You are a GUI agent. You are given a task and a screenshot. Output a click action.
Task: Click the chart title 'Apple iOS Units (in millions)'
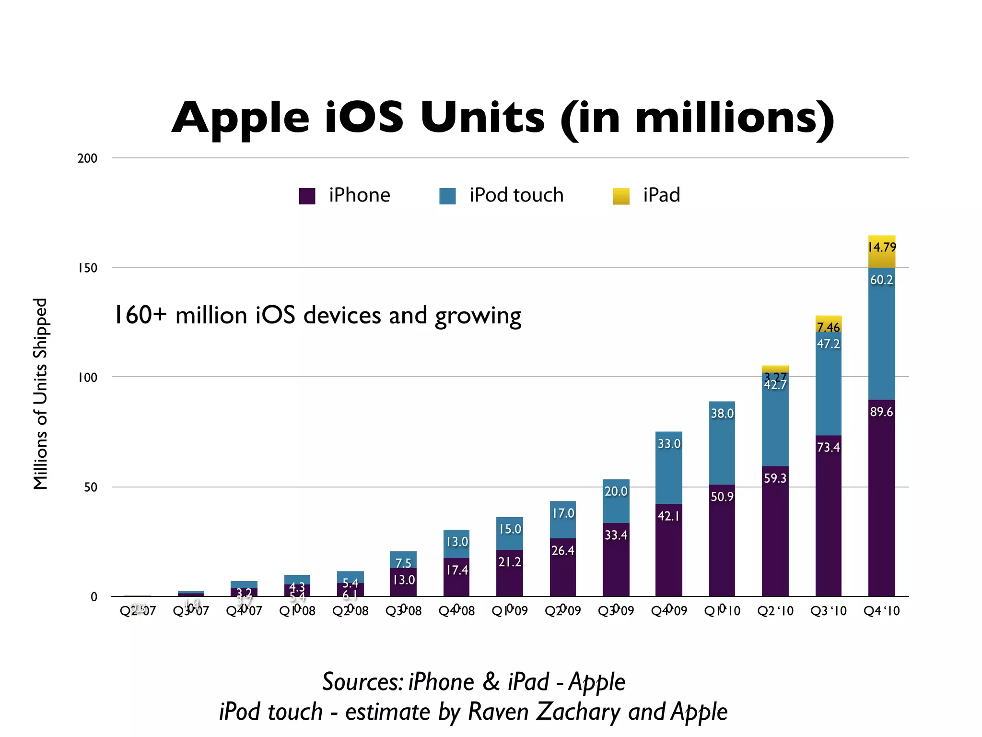(x=503, y=118)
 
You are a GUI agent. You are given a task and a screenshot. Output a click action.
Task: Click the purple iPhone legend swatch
(x=307, y=196)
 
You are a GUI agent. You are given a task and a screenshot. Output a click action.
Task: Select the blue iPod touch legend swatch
(x=447, y=196)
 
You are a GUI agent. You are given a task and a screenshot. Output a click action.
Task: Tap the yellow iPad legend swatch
(x=621, y=196)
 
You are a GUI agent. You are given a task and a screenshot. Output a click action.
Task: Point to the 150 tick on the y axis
(x=88, y=268)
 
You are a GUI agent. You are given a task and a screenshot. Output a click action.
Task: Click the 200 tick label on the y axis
(x=87, y=158)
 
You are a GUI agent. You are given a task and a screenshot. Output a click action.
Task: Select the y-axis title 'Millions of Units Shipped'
(x=41, y=393)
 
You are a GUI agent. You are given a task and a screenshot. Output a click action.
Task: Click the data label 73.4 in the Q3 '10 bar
(x=828, y=447)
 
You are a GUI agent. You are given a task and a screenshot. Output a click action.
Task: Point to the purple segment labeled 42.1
(x=668, y=552)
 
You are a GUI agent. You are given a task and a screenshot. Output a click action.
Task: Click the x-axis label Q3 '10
(x=828, y=611)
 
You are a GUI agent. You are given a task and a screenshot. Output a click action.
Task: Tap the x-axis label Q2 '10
(x=775, y=611)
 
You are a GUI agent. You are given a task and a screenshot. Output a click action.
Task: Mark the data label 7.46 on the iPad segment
(x=828, y=327)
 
